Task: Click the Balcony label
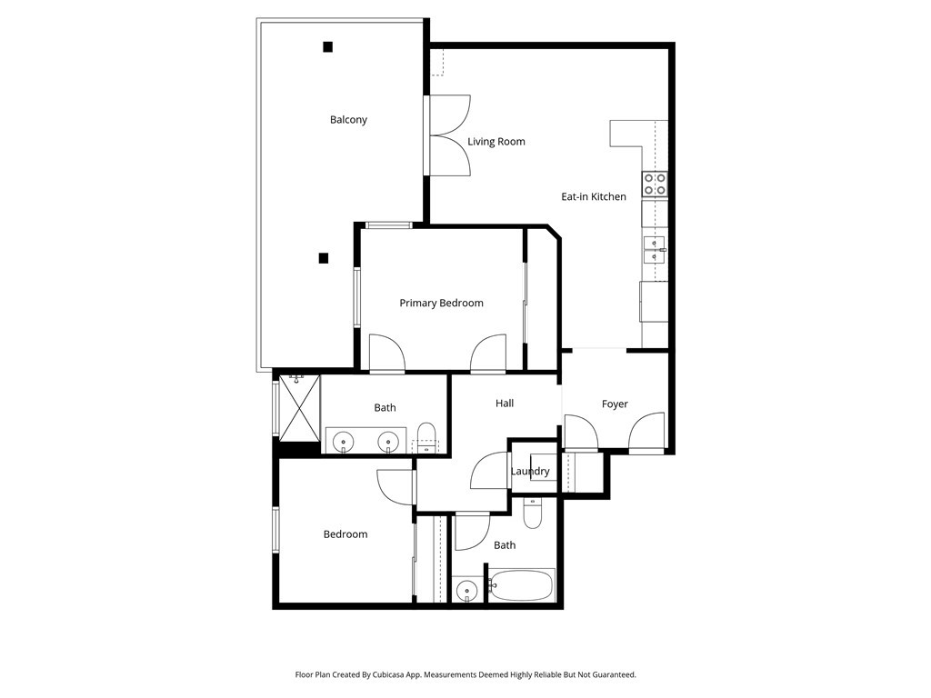[348, 120]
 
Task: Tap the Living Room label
[496, 142]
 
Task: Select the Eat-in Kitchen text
[593, 196]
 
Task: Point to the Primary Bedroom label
[441, 304]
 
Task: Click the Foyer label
[615, 404]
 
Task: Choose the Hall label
[505, 403]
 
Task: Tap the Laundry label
[530, 472]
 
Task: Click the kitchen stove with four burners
[655, 184]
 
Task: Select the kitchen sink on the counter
[654, 244]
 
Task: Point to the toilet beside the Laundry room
[533, 514]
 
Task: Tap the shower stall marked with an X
[300, 406]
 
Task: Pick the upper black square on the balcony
[327, 47]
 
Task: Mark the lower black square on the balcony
[323, 258]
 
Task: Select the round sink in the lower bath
[466, 591]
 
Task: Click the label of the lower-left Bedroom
[345, 534]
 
